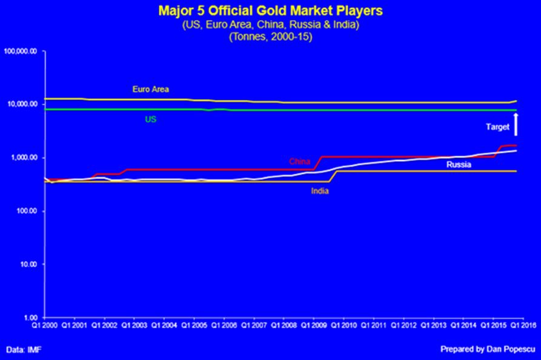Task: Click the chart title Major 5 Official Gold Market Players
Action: pos(270,11)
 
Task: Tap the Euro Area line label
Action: pos(151,89)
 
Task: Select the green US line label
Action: pos(151,119)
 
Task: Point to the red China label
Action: pos(299,162)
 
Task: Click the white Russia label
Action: pos(460,164)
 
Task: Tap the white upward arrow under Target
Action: pos(515,124)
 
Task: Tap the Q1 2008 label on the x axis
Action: pos(283,325)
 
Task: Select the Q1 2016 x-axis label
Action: pos(522,325)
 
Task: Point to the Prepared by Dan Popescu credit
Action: pos(486,350)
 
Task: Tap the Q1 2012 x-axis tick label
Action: pos(403,325)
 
